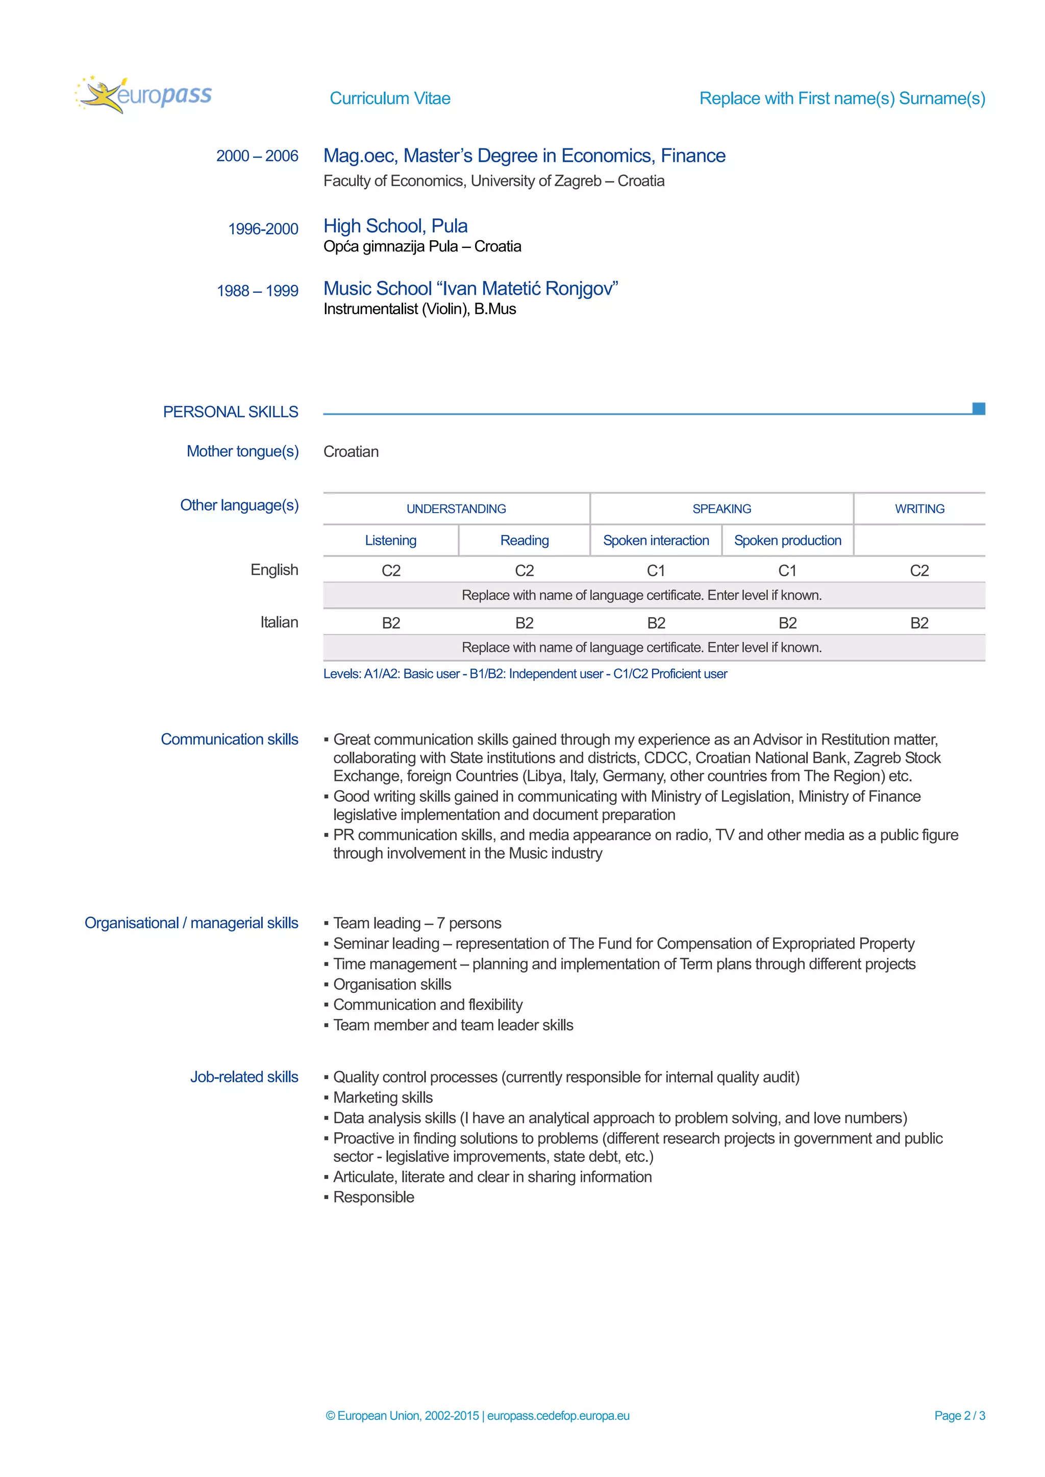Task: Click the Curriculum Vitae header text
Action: coord(389,98)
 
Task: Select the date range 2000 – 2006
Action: coord(257,157)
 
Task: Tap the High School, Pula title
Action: coord(395,226)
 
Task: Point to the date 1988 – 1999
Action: coord(257,291)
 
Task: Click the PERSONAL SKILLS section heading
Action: coord(230,412)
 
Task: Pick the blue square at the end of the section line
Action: coord(978,409)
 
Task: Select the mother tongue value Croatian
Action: coord(351,451)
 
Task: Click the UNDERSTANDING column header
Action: coord(456,509)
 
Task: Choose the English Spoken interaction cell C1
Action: coord(656,571)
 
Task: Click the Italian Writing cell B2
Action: coord(919,623)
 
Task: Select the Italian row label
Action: coord(279,622)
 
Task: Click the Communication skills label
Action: coord(229,739)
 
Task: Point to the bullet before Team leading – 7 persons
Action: coord(326,924)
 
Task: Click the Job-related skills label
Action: coord(244,1077)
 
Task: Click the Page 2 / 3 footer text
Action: coord(959,1415)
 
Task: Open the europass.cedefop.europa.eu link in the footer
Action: coord(558,1415)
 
